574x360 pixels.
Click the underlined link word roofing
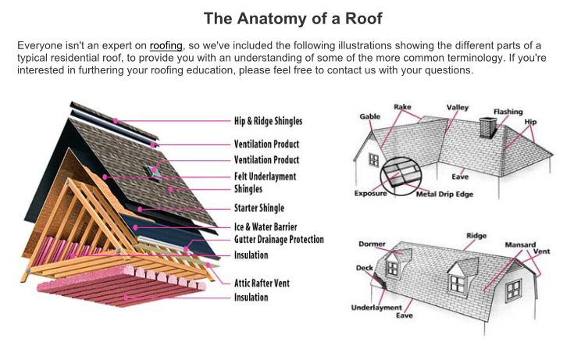pos(166,45)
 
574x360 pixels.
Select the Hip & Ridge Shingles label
pos(268,121)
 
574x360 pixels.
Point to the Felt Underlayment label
pos(265,176)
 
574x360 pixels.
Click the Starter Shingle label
pos(258,209)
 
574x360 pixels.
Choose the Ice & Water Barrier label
pos(266,227)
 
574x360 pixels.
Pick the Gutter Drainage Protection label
pos(278,240)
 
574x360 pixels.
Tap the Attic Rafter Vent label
pos(262,283)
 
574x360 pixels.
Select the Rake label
pos(403,106)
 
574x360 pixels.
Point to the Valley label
pos(458,107)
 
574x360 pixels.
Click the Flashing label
pos(508,112)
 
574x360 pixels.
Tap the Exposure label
pos(370,193)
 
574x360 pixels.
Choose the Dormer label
pos(372,244)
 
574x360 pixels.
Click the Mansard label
pos(519,244)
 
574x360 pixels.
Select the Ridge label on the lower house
pos(476,236)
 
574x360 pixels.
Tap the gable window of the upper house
pos(373,159)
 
